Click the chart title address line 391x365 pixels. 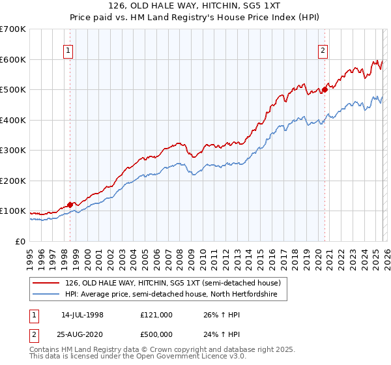click(195, 6)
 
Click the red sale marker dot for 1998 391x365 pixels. click(70, 204)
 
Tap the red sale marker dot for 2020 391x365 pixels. click(325, 90)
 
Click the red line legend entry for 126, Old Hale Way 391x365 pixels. click(173, 284)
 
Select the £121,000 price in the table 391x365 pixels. click(156, 315)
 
